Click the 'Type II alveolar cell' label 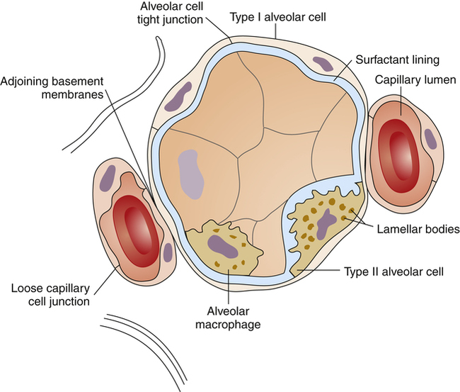(393, 271)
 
